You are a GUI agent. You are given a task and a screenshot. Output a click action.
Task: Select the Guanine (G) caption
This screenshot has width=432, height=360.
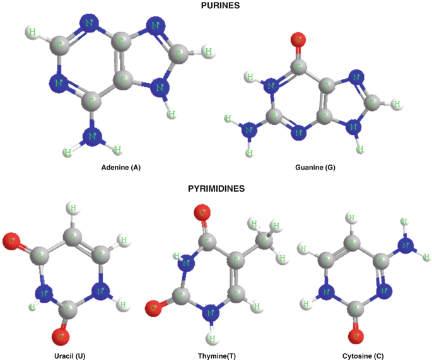coord(315,168)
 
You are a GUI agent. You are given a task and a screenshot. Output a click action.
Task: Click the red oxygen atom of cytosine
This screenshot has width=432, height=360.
coord(356,335)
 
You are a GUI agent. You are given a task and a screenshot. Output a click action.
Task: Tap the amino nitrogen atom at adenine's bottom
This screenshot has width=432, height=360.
coord(92,136)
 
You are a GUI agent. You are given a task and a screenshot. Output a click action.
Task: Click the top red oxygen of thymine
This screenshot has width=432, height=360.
coord(202,213)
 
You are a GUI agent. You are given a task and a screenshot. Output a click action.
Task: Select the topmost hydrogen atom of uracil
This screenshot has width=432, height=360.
coord(73,207)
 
